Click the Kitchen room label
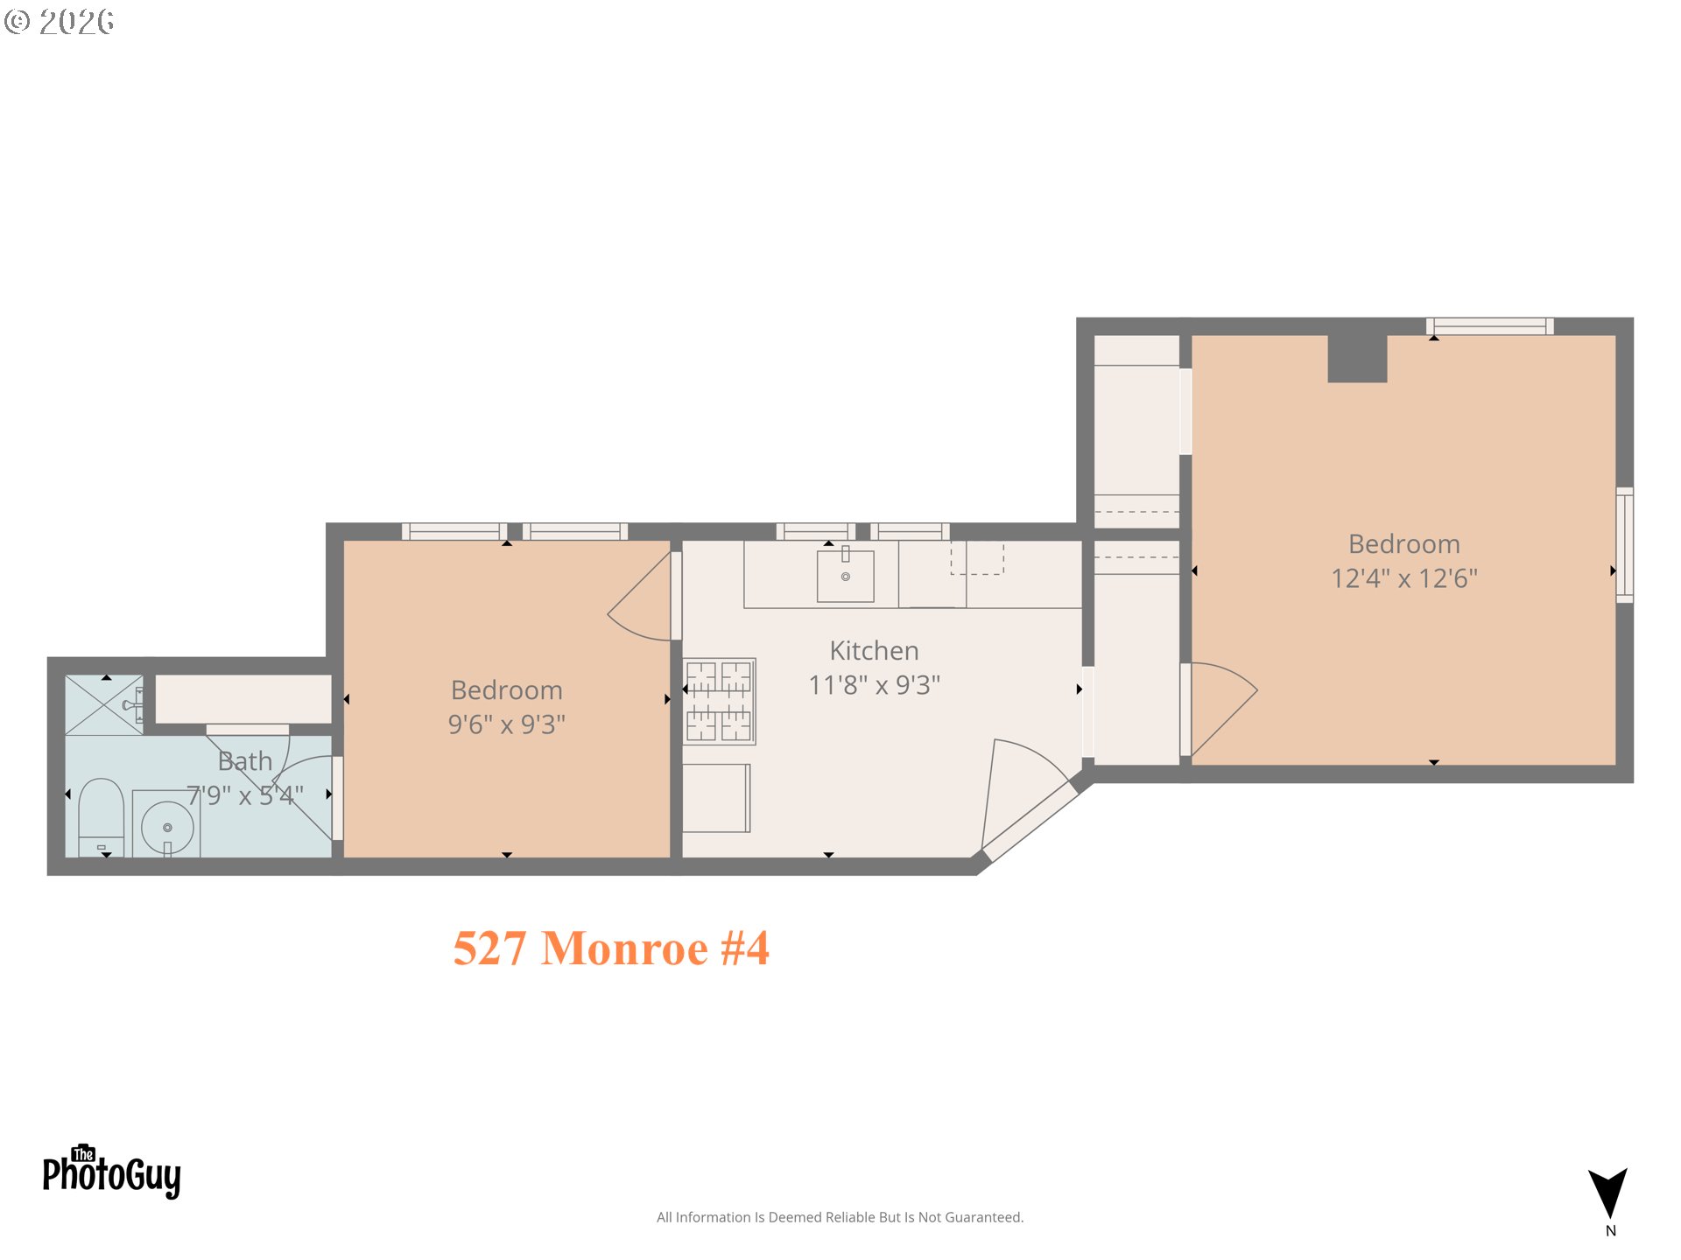[x=874, y=651]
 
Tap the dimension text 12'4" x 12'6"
[x=1403, y=578]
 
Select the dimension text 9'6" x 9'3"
[x=506, y=724]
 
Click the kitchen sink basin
[x=845, y=576]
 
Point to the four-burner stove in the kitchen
[x=719, y=701]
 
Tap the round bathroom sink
[x=167, y=827]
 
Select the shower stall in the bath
[x=103, y=705]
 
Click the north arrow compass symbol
[x=1608, y=1195]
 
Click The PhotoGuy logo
[x=111, y=1172]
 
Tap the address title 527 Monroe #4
[x=611, y=948]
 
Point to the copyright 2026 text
[x=60, y=22]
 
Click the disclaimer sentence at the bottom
[x=840, y=1217]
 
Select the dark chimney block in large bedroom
[x=1357, y=358]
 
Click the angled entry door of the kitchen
[x=1029, y=821]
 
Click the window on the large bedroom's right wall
[x=1624, y=544]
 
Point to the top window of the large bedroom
[x=1489, y=326]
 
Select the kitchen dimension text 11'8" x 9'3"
[x=874, y=685]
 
